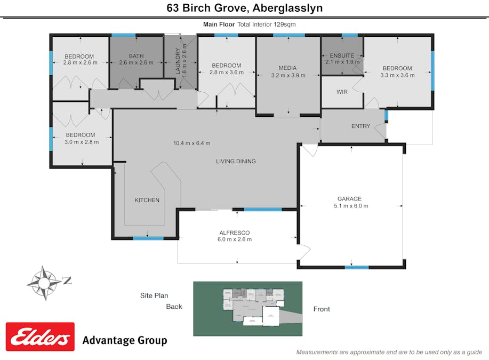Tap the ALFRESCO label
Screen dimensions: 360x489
click(235, 233)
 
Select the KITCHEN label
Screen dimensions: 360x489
click(147, 200)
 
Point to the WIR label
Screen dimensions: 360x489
click(342, 92)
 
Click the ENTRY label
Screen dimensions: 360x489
click(360, 126)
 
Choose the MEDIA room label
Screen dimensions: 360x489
click(287, 68)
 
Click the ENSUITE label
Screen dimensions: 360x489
click(341, 55)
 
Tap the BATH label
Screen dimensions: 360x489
click(136, 56)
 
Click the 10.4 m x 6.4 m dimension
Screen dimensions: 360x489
click(191, 143)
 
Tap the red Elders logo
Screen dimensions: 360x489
click(40, 337)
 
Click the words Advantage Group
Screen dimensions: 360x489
click(124, 340)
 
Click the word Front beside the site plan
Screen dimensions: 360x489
click(322, 309)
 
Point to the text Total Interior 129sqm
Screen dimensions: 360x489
click(267, 25)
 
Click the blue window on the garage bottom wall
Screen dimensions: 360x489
click(356, 267)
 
